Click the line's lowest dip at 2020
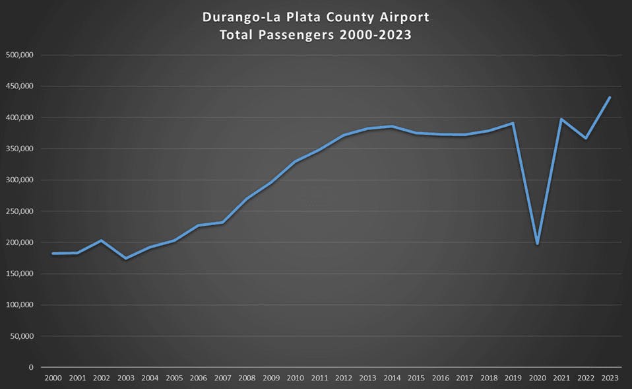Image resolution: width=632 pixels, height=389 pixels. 537,244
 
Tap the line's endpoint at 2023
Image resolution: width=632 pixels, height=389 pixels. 610,97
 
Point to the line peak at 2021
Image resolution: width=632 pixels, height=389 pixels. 561,120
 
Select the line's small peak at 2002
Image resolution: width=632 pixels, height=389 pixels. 101,240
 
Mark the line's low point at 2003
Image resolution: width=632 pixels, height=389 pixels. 125,258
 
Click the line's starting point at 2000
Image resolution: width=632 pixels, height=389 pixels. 53,254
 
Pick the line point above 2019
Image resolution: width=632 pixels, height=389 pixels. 513,123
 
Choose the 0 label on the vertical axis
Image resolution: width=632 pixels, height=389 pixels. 30,367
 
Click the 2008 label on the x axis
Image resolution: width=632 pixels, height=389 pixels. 247,378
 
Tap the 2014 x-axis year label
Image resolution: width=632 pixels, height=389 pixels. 392,378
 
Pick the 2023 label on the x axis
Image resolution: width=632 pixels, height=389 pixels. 610,378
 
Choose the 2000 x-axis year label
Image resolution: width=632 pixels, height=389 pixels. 53,378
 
